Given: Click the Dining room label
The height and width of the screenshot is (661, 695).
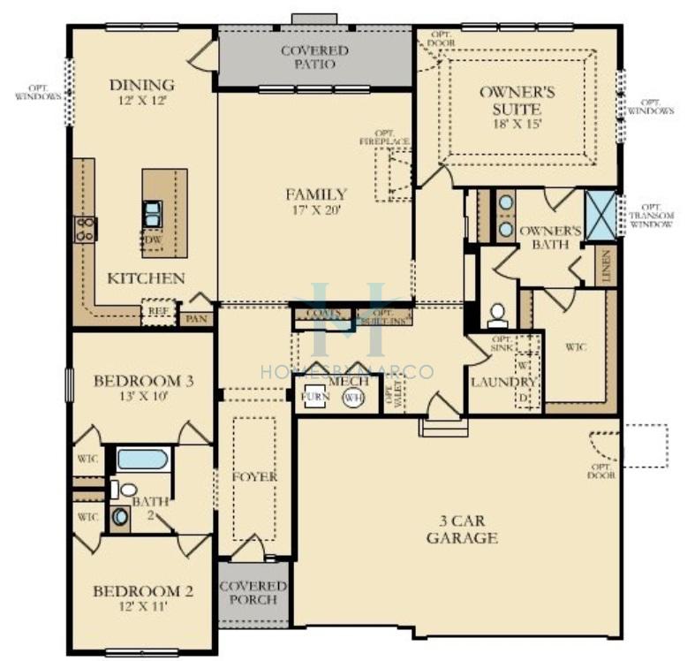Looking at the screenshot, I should [141, 85].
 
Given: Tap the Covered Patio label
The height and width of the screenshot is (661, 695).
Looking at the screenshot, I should [314, 58].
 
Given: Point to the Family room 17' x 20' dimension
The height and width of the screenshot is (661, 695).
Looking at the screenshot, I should [315, 210].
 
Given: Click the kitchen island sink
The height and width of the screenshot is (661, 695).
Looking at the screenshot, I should [153, 212].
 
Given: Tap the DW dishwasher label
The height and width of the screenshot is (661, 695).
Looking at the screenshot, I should [153, 239].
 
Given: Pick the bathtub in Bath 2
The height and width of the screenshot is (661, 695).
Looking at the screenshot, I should [141, 460].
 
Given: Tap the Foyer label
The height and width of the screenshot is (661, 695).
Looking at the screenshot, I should [254, 476].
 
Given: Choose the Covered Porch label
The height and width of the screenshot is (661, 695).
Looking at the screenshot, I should [253, 592].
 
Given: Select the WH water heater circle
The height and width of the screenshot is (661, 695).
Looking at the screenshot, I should [354, 398].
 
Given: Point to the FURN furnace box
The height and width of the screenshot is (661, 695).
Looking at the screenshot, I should [314, 397].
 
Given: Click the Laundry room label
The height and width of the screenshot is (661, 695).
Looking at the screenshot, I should [503, 382].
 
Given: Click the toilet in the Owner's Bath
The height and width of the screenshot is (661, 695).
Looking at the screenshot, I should [497, 315].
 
